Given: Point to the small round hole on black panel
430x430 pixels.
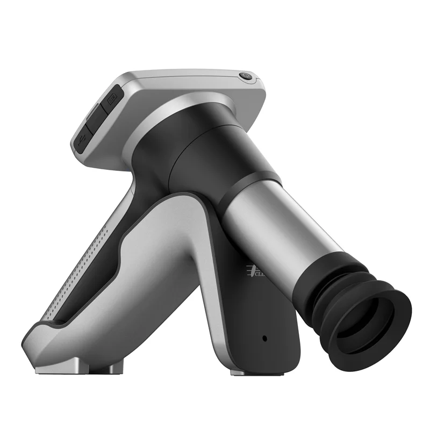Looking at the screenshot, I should (x=264, y=339).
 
